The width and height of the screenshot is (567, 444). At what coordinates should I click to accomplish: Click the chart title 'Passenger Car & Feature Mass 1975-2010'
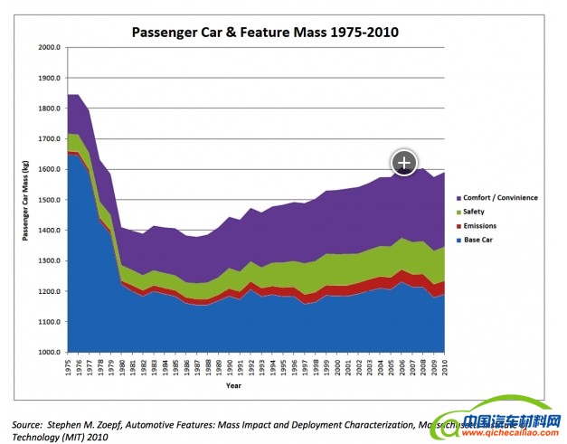tap(265, 33)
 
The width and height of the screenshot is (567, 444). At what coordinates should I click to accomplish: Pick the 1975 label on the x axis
tap(68, 368)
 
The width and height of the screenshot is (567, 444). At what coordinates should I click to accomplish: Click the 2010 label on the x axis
tap(444, 368)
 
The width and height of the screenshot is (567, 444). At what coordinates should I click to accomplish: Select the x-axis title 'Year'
tap(234, 386)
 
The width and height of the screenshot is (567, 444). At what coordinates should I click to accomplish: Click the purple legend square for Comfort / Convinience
tap(460, 198)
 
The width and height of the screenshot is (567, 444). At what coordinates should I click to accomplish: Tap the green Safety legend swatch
tap(460, 212)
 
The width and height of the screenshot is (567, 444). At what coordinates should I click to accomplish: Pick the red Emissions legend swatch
tap(460, 226)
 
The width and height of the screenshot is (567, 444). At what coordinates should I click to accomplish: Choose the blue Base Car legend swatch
tap(460, 240)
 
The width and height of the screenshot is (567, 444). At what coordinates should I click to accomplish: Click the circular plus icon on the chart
tap(403, 162)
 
